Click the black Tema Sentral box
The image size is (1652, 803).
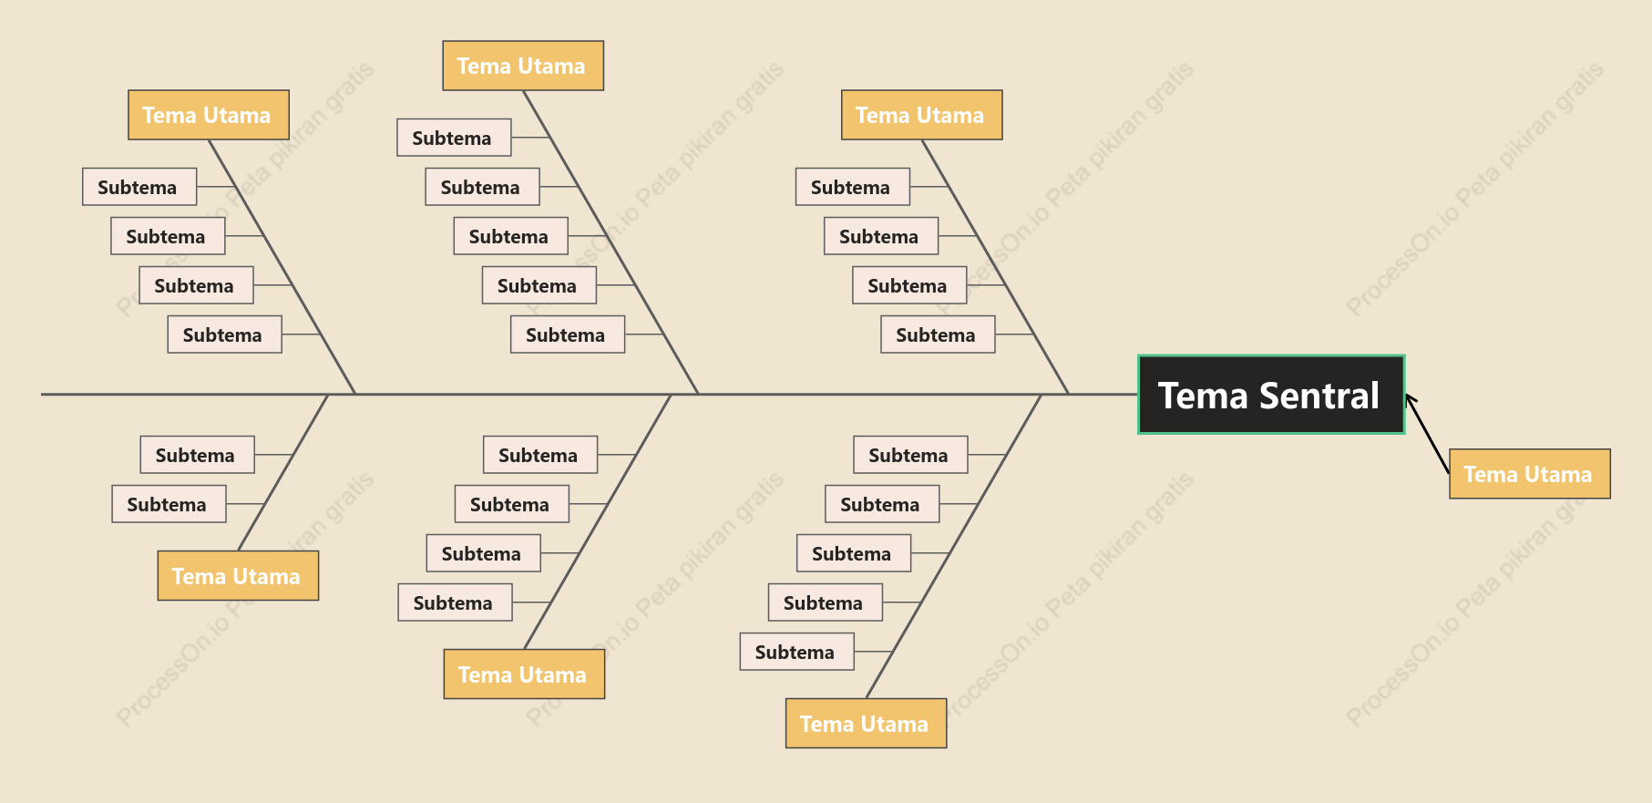coord(1271,395)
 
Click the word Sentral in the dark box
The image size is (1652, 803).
coord(1319,396)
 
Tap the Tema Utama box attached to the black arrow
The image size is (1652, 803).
coord(1530,474)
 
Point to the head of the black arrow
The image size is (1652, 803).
coord(1408,396)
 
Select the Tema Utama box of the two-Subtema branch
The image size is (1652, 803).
coord(238,576)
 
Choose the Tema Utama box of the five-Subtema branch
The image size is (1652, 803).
coord(866,724)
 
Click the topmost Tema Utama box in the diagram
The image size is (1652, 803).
coord(523,66)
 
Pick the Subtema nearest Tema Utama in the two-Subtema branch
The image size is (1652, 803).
coord(169,504)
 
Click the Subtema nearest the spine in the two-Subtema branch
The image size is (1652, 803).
coord(197,455)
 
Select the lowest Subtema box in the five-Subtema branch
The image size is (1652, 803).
coord(796,652)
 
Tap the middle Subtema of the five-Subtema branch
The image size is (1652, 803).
coord(854,553)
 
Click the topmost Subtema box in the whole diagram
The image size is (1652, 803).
coord(454,138)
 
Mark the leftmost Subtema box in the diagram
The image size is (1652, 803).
coord(139,187)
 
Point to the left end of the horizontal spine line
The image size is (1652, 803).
coord(42,395)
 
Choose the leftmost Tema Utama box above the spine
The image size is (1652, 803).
coord(209,115)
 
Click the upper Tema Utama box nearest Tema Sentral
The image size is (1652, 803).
coord(922,115)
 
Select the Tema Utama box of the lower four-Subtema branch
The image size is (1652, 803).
coord(524,674)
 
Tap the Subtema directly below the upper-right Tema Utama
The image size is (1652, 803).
coord(852,187)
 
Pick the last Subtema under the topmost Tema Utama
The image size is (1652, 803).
coord(568,335)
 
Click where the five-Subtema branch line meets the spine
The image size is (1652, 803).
coord(1041,395)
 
